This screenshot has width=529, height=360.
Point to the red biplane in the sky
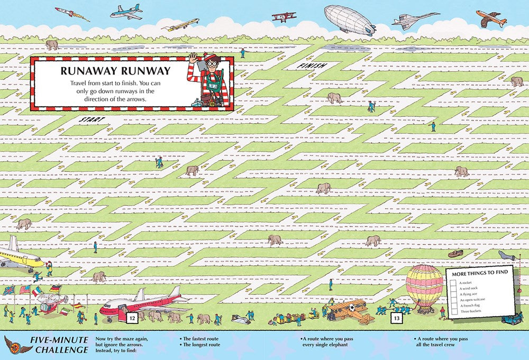click(x=284, y=17)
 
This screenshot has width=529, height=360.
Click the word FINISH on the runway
click(x=310, y=66)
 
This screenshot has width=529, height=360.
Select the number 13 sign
click(x=397, y=318)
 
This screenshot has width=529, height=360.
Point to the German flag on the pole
click(x=56, y=289)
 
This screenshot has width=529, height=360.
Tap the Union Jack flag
click(x=8, y=290)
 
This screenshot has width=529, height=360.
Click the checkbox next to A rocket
click(x=453, y=283)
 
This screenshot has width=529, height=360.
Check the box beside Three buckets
click(x=453, y=311)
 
